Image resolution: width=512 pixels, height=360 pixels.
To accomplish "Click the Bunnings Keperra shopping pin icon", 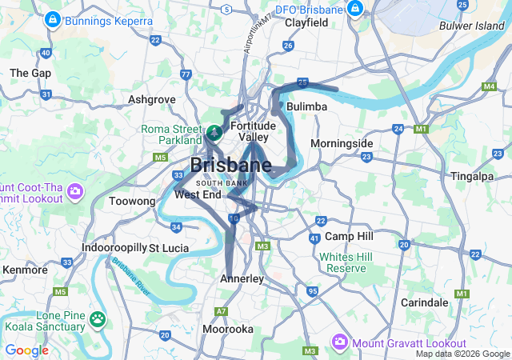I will [x=52, y=18].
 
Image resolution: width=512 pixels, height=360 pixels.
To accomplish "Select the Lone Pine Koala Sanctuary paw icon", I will [x=98, y=319].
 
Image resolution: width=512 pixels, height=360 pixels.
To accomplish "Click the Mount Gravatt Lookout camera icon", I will [x=339, y=342].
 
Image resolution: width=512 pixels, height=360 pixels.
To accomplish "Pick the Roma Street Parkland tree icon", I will [x=214, y=131].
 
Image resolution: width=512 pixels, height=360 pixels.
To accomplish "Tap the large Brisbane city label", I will [x=230, y=166].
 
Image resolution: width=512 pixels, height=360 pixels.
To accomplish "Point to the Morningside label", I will [x=342, y=143].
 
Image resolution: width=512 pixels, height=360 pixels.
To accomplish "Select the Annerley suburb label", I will [x=242, y=278].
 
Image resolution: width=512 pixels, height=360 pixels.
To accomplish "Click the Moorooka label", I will [x=228, y=329].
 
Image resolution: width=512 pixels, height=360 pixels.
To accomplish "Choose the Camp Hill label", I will [x=349, y=237].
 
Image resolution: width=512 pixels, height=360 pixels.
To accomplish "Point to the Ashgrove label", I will [x=152, y=100].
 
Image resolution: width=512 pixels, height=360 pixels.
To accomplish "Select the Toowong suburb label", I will [x=131, y=202].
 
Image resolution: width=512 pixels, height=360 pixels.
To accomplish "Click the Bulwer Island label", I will [x=472, y=26].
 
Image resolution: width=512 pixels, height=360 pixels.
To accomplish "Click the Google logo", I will [x=26, y=350].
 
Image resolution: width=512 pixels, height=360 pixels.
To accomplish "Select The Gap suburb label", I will [x=30, y=73].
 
